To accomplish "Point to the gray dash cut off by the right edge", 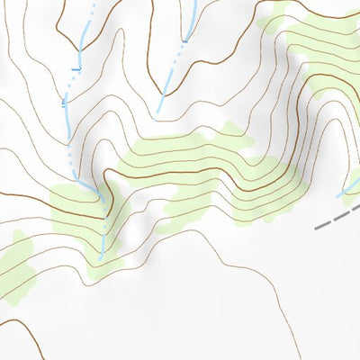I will [356, 210].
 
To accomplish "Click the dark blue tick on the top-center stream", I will [186, 39].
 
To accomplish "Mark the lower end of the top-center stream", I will [158, 112].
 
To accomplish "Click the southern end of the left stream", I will [101, 258].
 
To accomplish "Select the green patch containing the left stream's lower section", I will [85, 216].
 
